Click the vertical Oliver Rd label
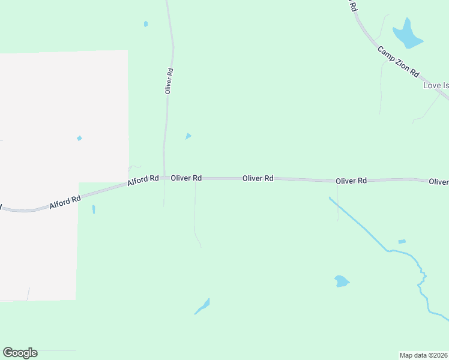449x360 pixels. pyautogui.click(x=169, y=80)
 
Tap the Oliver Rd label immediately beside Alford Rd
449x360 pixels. pyautogui.click(x=185, y=178)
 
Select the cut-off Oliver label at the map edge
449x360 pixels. pyautogui.click(x=438, y=181)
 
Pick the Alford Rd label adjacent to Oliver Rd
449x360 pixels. pyautogui.click(x=143, y=179)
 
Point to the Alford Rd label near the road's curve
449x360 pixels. pyautogui.click(x=64, y=200)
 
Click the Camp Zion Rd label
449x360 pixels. pyautogui.click(x=398, y=61)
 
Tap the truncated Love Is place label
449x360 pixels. pyautogui.click(x=436, y=85)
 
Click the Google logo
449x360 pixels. pyautogui.click(x=20, y=353)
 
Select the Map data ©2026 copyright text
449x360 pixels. pyautogui.click(x=424, y=355)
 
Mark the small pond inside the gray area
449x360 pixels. pyautogui.click(x=79, y=139)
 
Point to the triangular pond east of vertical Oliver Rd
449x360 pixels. pyautogui.click(x=188, y=136)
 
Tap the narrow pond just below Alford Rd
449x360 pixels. pyautogui.click(x=94, y=209)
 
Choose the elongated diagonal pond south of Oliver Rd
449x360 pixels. pyautogui.click(x=202, y=307)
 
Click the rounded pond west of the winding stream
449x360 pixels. pyautogui.click(x=341, y=281)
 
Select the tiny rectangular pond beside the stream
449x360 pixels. pyautogui.click(x=402, y=242)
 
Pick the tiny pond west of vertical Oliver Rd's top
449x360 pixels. pyautogui.click(x=146, y=24)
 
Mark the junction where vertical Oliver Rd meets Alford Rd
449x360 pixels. pyautogui.click(x=164, y=178)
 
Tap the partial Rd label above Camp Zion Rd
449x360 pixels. pyautogui.click(x=354, y=7)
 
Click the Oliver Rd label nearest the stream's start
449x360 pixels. pyautogui.click(x=351, y=181)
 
